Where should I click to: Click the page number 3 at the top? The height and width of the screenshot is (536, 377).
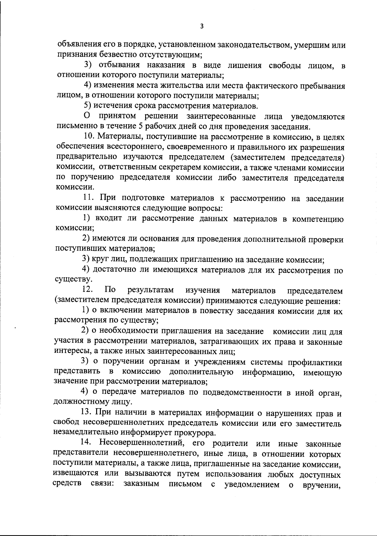(202, 26)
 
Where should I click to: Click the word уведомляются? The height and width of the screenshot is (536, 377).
(318, 117)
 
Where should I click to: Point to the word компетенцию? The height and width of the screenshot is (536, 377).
(318, 219)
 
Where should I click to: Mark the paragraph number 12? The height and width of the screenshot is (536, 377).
(86, 290)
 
